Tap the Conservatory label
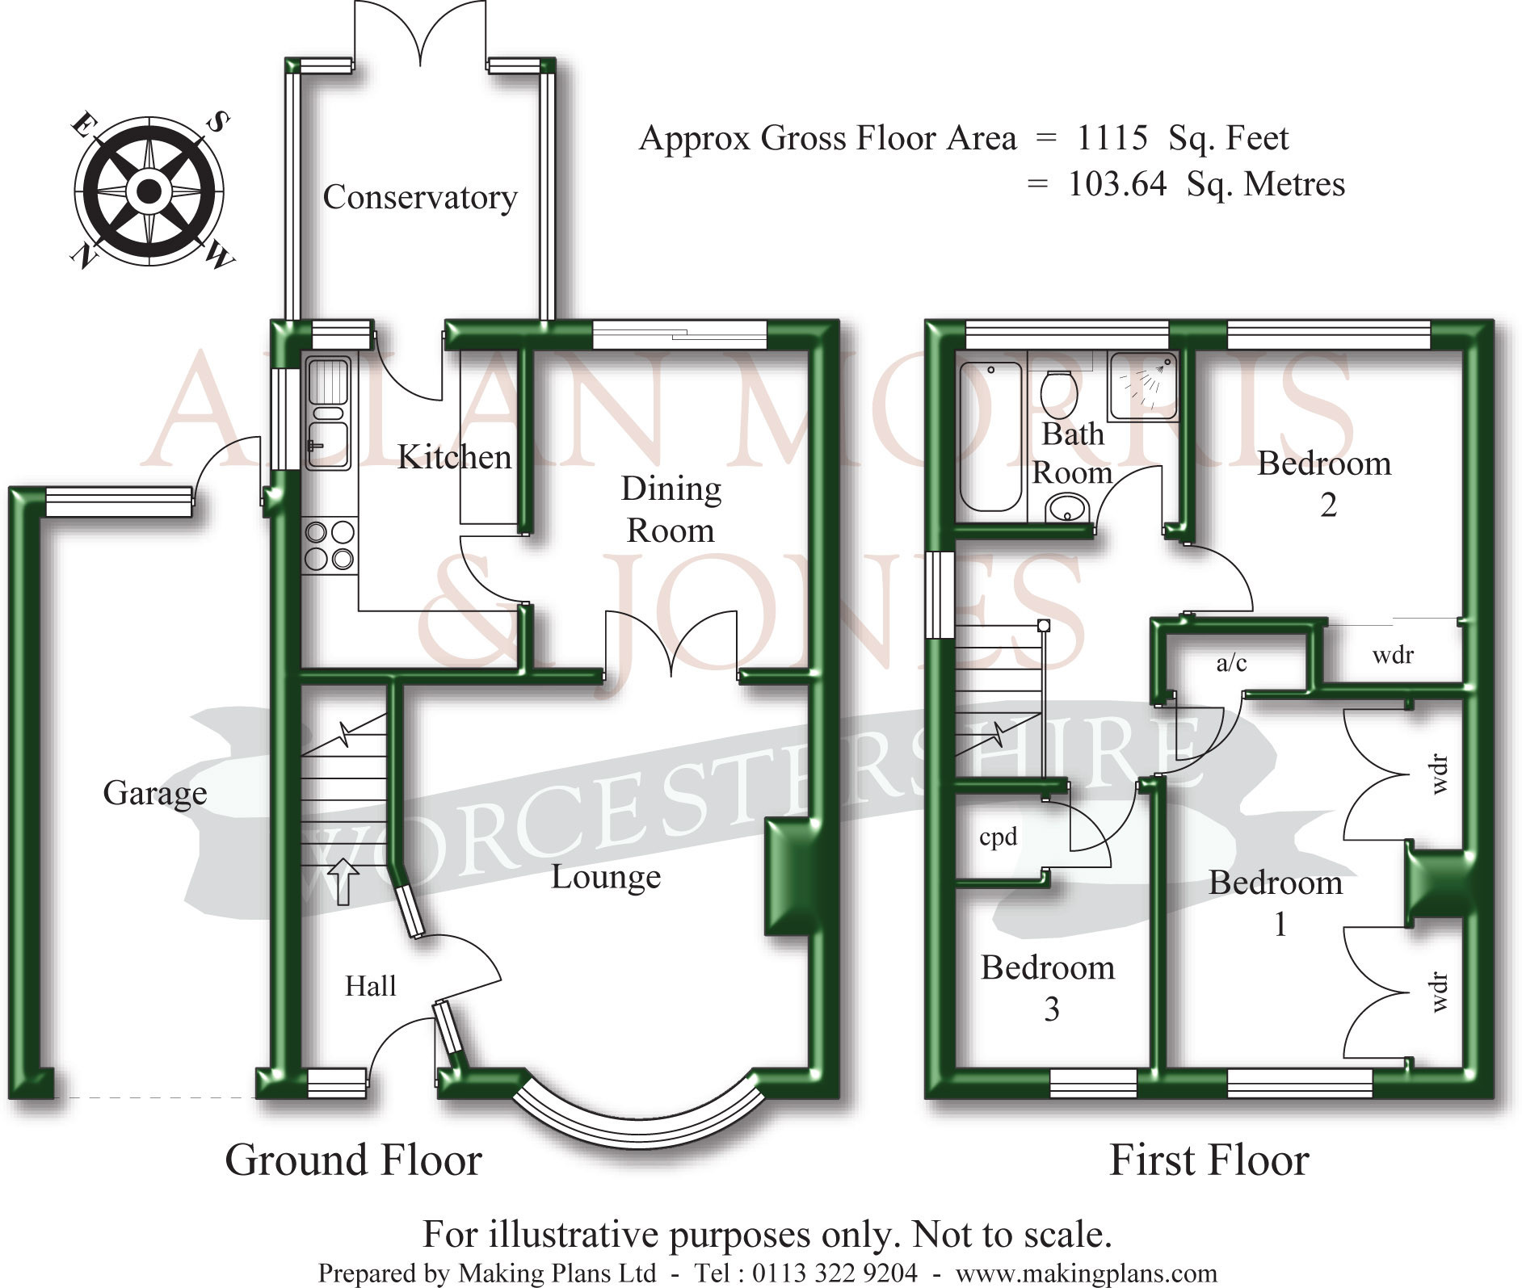pyautogui.click(x=420, y=198)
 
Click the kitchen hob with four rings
pyautogui.click(x=330, y=546)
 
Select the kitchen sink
pyautogui.click(x=329, y=413)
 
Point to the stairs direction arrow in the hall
pyautogui.click(x=343, y=881)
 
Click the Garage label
pyautogui.click(x=155, y=793)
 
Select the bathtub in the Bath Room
pyautogui.click(x=990, y=437)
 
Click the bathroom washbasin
pyautogui.click(x=1067, y=509)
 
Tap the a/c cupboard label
pyautogui.click(x=1231, y=663)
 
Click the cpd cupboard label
pyautogui.click(x=998, y=837)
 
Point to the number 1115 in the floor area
pyautogui.click(x=1112, y=138)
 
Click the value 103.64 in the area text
pyautogui.click(x=1118, y=184)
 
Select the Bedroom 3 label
pyautogui.click(x=1049, y=988)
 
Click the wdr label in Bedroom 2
pyautogui.click(x=1393, y=655)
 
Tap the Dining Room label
pyautogui.click(x=671, y=510)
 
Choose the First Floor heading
pyautogui.click(x=1209, y=1160)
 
